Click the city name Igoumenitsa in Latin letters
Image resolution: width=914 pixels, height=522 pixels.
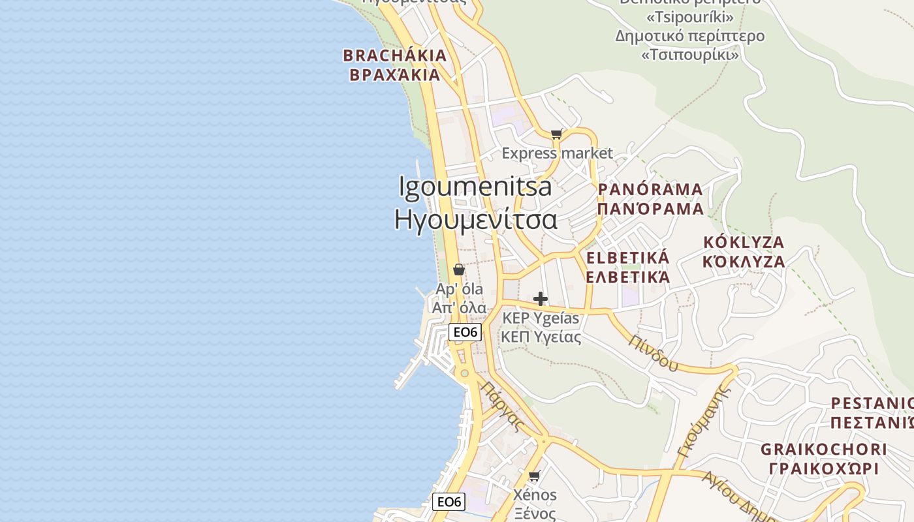click(x=475, y=187)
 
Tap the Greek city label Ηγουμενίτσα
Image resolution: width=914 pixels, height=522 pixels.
click(x=475, y=219)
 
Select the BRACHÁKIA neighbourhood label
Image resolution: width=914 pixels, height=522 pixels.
click(x=395, y=55)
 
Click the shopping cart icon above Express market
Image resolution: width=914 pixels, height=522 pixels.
click(x=556, y=134)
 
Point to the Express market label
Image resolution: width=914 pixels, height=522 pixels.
click(x=557, y=153)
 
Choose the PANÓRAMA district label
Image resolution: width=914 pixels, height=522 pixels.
click(x=650, y=190)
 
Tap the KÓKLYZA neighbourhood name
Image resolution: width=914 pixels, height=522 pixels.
click(x=744, y=242)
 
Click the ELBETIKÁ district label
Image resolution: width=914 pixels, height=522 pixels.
click(x=627, y=257)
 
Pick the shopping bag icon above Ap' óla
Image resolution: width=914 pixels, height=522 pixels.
click(x=459, y=269)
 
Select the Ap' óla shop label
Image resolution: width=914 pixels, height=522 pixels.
click(x=460, y=289)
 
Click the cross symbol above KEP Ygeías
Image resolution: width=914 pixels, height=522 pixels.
click(x=541, y=299)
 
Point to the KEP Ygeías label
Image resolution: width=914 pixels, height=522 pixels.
click(x=541, y=318)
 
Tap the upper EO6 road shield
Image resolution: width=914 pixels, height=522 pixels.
click(x=465, y=332)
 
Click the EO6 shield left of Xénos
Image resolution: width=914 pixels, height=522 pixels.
click(x=449, y=502)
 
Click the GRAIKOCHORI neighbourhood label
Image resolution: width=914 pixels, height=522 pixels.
click(x=824, y=450)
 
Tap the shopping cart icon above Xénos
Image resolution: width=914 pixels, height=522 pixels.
click(x=535, y=476)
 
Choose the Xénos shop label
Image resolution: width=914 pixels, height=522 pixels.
click(x=535, y=495)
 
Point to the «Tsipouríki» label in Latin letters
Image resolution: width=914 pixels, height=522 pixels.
click(x=690, y=17)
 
